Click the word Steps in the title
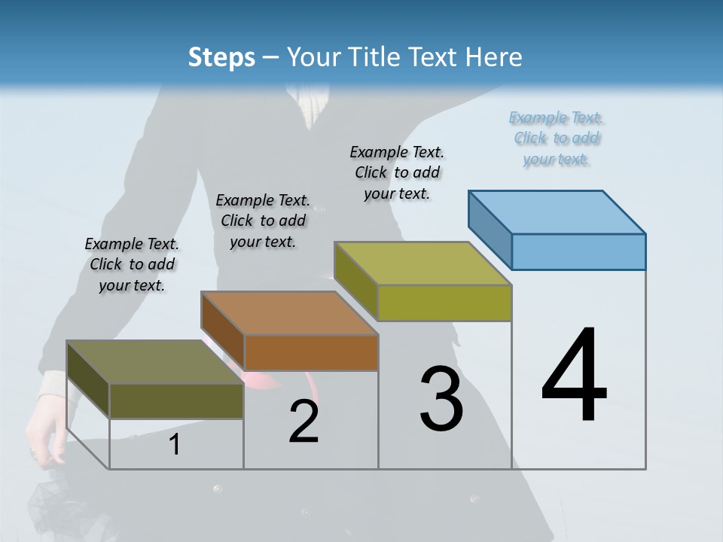pyautogui.click(x=221, y=57)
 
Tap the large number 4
pyautogui.click(x=575, y=376)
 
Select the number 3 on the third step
pyautogui.click(x=441, y=399)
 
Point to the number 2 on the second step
pyautogui.click(x=304, y=422)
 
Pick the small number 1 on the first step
pyautogui.click(x=175, y=445)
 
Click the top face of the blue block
pyautogui.click(x=557, y=212)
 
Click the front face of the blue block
pyautogui.click(x=578, y=251)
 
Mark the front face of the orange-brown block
pyautogui.click(x=311, y=352)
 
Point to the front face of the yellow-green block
pyautogui.click(x=444, y=303)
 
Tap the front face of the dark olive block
pyautogui.click(x=176, y=400)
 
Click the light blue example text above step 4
pyautogui.click(x=557, y=139)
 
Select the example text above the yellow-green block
pyautogui.click(x=397, y=172)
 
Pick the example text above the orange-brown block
pyautogui.click(x=263, y=221)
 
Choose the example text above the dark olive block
pyautogui.click(x=132, y=264)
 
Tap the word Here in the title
pyautogui.click(x=495, y=57)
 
